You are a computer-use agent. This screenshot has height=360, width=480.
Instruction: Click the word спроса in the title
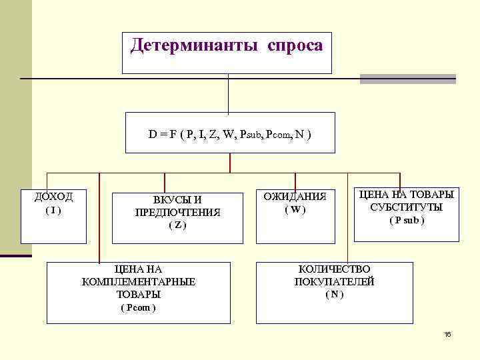pyautogui.click(x=295, y=46)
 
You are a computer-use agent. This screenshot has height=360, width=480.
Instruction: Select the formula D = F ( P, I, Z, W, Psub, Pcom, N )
pyautogui.click(x=229, y=134)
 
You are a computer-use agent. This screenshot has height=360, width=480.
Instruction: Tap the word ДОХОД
pyautogui.click(x=53, y=197)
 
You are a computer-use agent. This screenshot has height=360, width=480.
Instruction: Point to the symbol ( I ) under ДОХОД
pyautogui.click(x=53, y=210)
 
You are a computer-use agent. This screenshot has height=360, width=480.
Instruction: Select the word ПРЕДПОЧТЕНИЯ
pyautogui.click(x=177, y=213)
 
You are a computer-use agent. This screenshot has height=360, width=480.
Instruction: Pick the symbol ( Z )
pyautogui.click(x=177, y=225)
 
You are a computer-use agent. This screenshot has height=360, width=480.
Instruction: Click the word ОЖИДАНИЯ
pyautogui.click(x=295, y=197)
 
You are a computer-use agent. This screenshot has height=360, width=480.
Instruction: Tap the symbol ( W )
pyautogui.click(x=295, y=209)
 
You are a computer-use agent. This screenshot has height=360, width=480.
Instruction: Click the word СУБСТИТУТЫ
pyautogui.click(x=406, y=207)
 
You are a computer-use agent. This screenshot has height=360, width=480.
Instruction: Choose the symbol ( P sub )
pyautogui.click(x=406, y=221)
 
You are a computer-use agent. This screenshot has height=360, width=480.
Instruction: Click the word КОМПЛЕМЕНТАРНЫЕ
pyautogui.click(x=139, y=281)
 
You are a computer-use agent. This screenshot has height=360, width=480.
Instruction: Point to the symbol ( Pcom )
pyautogui.click(x=138, y=307)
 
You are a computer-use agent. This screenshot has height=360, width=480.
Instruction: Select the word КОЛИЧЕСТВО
pyautogui.click(x=334, y=269)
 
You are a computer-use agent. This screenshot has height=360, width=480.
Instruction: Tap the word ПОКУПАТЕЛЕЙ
pyautogui.click(x=334, y=281)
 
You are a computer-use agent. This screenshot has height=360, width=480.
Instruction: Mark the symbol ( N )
pyautogui.click(x=334, y=294)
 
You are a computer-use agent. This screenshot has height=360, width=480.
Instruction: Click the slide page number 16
pyautogui.click(x=448, y=333)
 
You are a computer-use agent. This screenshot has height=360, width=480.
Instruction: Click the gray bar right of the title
pyautogui.click(x=407, y=79)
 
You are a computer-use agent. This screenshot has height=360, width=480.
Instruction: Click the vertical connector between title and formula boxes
pyautogui.click(x=228, y=93)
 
